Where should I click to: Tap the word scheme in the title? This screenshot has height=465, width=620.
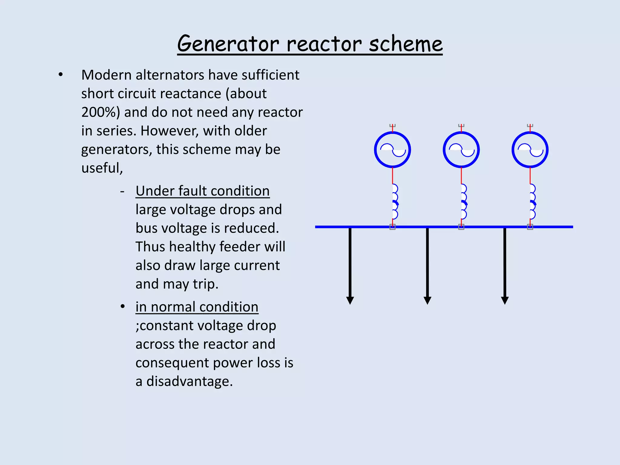coord(406,44)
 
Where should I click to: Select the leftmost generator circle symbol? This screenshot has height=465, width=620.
coord(392,150)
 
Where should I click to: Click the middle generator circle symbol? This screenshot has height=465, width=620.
coord(461,150)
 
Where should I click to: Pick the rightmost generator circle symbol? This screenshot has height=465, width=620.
coord(530,150)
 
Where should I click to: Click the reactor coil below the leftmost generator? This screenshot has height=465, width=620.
coord(394,201)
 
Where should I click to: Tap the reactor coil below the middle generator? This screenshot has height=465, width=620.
coord(463,201)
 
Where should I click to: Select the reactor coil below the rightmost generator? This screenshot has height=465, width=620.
coord(532,201)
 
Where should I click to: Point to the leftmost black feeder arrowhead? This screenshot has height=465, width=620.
coord(350,300)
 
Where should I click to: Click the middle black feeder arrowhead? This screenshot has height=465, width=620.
coord(427,300)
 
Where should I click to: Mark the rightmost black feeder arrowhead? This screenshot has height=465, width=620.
coord(505,300)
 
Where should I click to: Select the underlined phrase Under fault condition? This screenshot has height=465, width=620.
coord(203,191)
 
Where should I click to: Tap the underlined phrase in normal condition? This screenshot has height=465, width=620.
coord(197,307)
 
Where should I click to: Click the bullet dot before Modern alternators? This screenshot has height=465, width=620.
coord(61,74)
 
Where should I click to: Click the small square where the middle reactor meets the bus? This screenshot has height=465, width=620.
coord(461,227)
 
